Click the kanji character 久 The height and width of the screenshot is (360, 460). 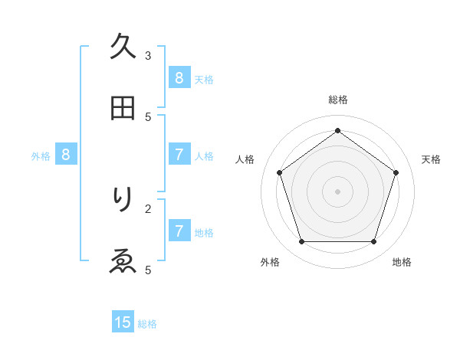(123, 47)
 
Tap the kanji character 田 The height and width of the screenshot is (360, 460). (123, 108)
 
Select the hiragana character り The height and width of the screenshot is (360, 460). (123, 200)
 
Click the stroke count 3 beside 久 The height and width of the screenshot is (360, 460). (148, 55)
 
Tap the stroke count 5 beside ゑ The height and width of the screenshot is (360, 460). (148, 270)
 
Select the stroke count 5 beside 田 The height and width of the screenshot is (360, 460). (148, 116)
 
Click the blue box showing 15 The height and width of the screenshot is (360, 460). (123, 322)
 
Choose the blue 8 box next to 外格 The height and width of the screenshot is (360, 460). (66, 155)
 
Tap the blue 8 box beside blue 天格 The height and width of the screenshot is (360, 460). (179, 77)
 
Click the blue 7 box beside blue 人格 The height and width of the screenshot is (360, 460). (179, 155)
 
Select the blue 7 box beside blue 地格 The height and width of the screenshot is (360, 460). (179, 231)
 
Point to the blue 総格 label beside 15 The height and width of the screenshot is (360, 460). (147, 323)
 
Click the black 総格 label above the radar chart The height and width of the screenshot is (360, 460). (337, 100)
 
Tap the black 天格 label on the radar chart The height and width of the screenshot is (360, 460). (431, 159)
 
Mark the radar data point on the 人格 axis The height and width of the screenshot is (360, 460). (280, 173)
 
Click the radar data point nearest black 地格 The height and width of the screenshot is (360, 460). (373, 241)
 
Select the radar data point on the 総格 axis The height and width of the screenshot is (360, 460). (337, 131)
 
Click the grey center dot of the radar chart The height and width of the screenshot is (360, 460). (337, 191)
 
